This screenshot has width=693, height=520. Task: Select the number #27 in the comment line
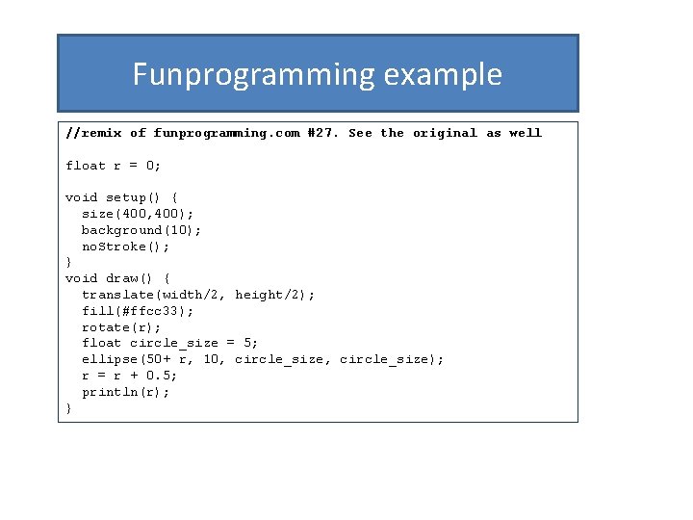(322, 133)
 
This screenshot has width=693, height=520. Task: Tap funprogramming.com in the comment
(227, 133)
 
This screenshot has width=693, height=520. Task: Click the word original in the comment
(445, 133)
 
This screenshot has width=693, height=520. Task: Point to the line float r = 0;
(114, 166)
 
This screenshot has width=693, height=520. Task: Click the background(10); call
(141, 230)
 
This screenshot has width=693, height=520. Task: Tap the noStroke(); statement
(125, 247)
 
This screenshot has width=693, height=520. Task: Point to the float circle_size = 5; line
(169, 343)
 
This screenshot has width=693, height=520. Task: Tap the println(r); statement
(125, 392)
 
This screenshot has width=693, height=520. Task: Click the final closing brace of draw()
(68, 408)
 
